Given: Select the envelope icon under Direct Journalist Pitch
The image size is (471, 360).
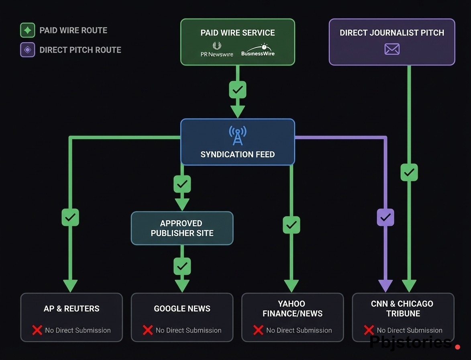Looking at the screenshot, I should [x=392, y=49].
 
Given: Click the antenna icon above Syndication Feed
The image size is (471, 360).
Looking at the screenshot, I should [x=238, y=135].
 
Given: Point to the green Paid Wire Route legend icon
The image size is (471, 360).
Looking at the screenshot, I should [x=28, y=31].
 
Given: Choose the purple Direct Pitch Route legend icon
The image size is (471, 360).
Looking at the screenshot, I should [x=28, y=50].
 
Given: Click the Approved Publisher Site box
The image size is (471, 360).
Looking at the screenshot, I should [x=182, y=228].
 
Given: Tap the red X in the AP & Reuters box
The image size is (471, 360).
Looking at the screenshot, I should [x=37, y=330].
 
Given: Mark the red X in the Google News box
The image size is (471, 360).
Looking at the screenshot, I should [x=148, y=330].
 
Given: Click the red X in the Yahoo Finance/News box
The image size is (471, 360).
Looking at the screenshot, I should [x=258, y=330].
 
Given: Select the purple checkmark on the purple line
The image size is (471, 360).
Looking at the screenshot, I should [x=385, y=217].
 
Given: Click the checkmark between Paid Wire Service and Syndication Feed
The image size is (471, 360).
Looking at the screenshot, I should [x=238, y=90].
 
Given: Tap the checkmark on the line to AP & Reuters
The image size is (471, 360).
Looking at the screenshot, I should [x=70, y=217].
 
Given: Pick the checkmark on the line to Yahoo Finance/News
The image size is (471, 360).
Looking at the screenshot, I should [x=292, y=225].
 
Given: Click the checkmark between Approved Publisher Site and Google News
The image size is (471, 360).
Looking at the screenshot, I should [x=182, y=266].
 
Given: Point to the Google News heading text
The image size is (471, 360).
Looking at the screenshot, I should [x=182, y=309].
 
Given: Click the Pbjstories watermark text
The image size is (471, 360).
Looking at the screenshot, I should [x=410, y=343].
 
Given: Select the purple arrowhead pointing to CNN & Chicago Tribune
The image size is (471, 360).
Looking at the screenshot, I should [x=385, y=286].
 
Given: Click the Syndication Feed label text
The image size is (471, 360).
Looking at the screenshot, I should [x=238, y=154].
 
